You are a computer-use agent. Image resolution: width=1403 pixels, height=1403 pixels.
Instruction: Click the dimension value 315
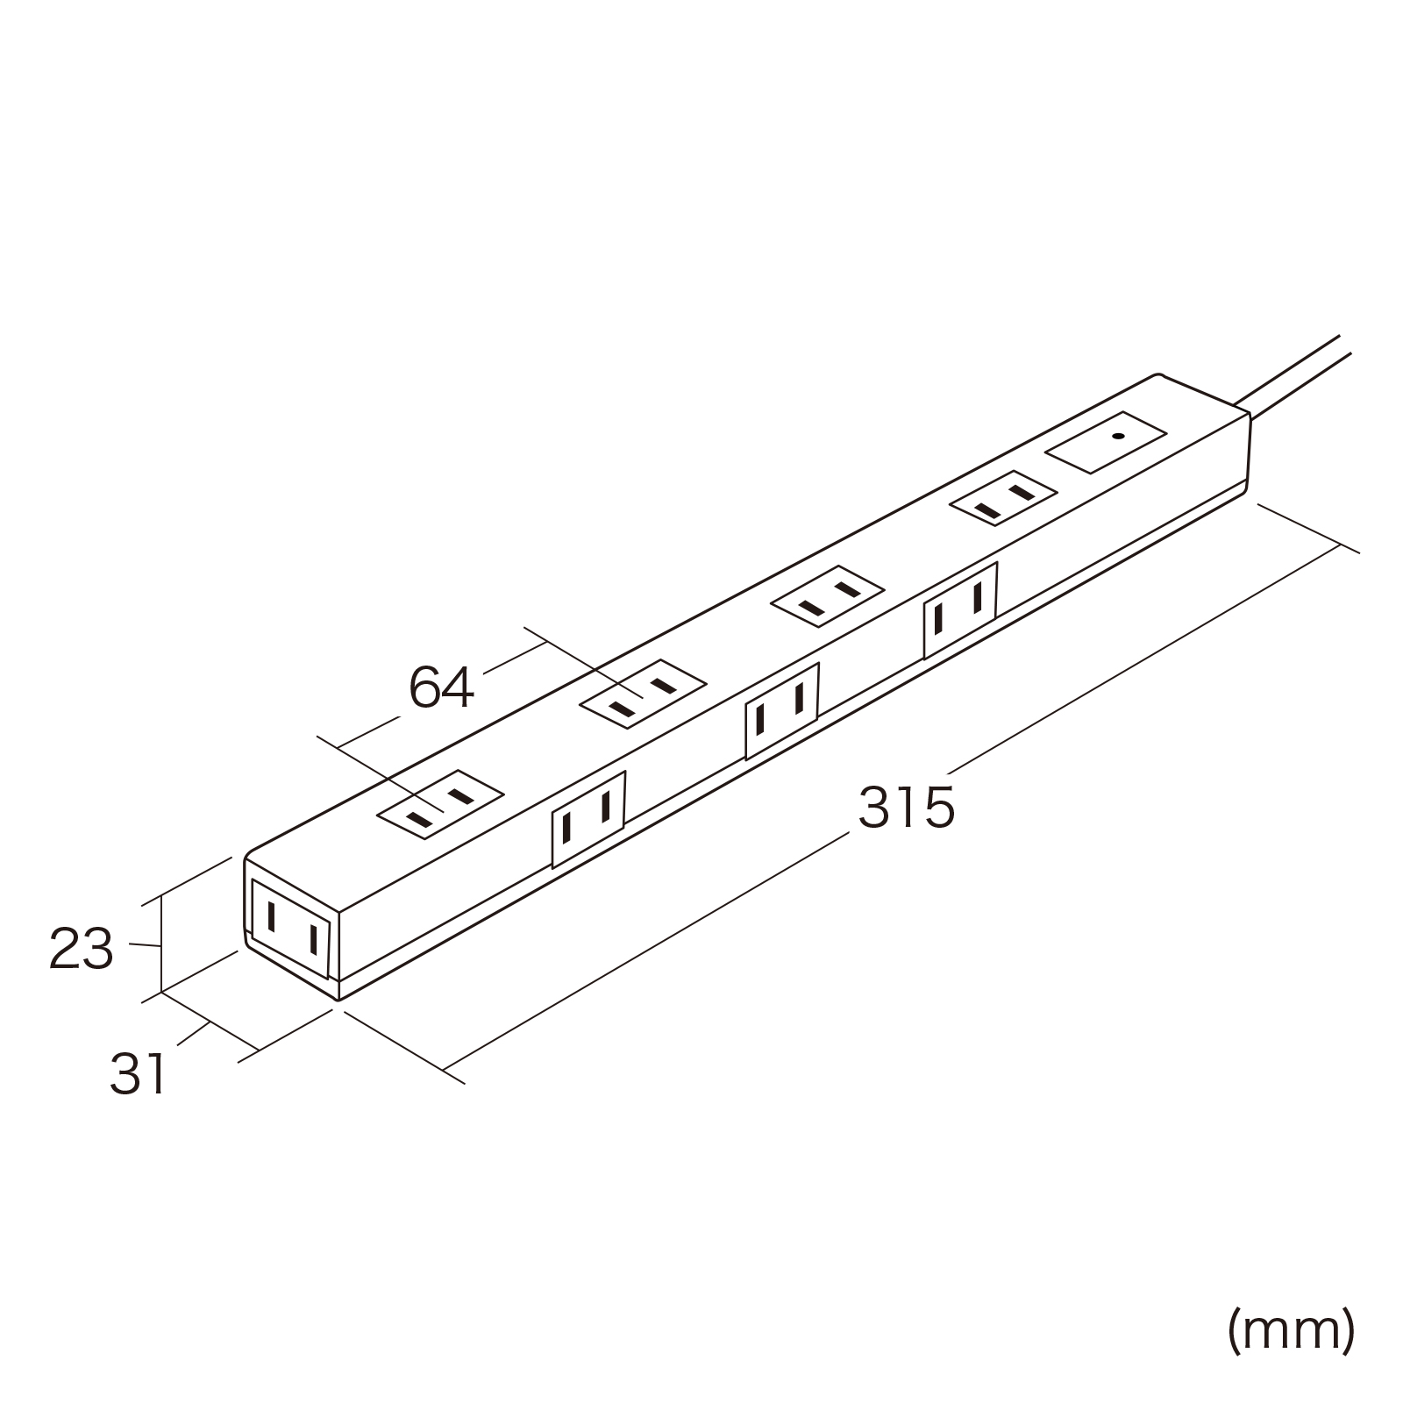coord(907,808)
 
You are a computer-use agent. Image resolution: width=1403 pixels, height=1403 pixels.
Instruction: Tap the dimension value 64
coord(442,688)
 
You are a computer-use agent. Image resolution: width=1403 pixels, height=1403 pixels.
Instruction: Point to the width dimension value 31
coord(138,1074)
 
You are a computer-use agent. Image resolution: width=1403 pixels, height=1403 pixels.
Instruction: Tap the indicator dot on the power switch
coord(1117,436)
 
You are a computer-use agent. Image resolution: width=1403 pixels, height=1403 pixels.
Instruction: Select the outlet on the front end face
coord(292,929)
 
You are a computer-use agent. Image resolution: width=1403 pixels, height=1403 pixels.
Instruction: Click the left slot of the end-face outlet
coord(273,917)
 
